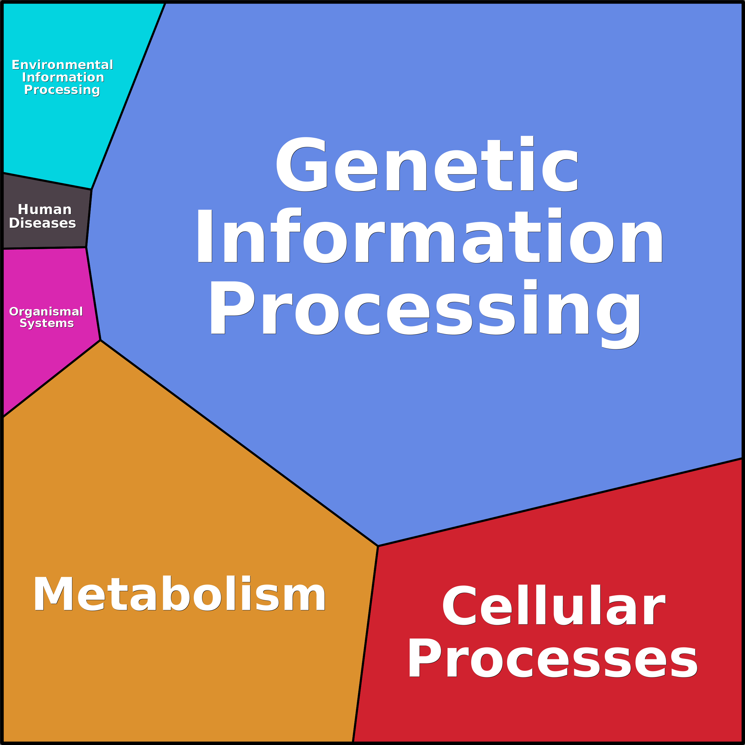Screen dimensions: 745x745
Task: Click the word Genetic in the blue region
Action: (x=427, y=165)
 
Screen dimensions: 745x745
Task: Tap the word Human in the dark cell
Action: (x=45, y=209)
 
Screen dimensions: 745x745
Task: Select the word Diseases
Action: (x=42, y=223)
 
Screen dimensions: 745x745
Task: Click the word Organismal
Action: (x=46, y=312)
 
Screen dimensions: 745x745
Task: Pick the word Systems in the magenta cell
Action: (x=47, y=323)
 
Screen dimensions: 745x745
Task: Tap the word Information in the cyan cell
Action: (x=63, y=77)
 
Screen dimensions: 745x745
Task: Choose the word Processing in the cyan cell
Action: (x=62, y=90)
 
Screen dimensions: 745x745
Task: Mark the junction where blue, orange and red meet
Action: (x=378, y=546)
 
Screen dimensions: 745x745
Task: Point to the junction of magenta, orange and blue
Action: (x=100, y=340)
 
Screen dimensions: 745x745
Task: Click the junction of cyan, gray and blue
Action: (x=91, y=189)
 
